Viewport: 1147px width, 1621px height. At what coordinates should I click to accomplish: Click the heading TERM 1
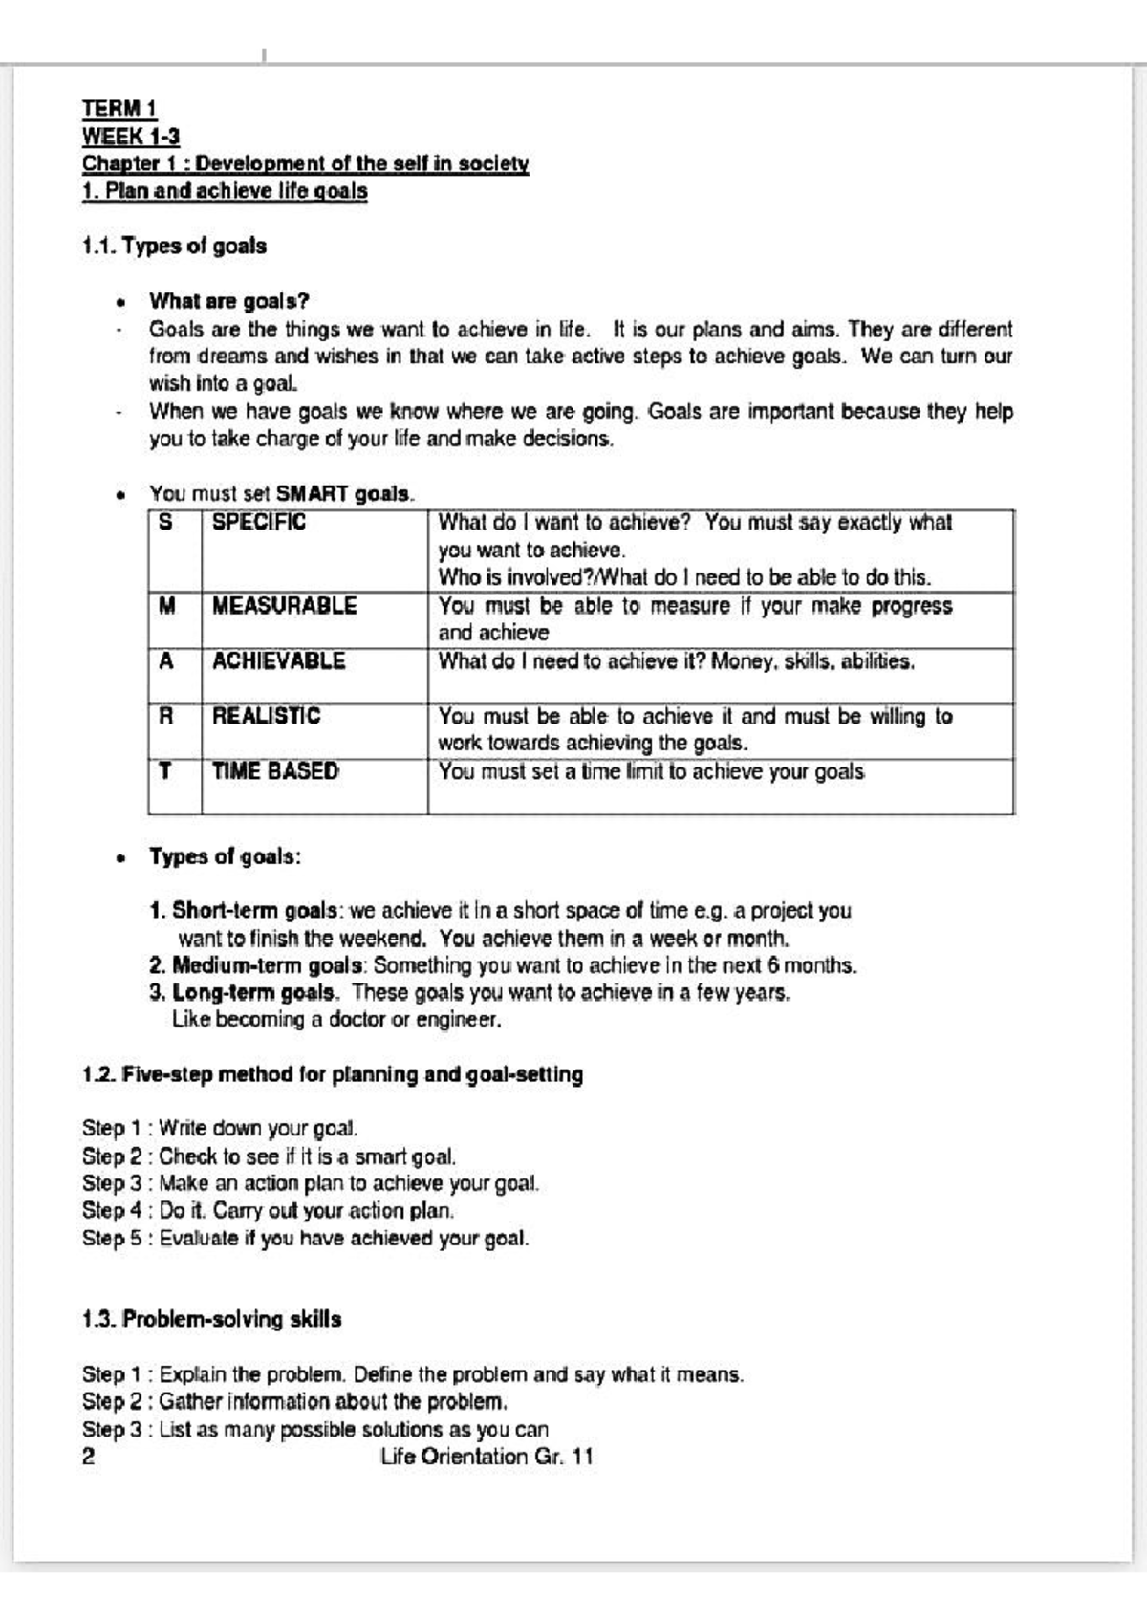click(119, 109)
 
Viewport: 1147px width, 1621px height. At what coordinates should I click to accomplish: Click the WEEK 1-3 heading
click(130, 136)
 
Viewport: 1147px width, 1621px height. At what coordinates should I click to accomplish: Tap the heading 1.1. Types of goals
click(174, 246)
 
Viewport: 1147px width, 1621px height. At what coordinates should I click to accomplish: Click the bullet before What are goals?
click(120, 303)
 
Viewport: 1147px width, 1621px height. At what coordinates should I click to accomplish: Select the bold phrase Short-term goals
click(254, 910)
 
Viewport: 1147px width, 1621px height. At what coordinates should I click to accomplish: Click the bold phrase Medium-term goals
click(268, 965)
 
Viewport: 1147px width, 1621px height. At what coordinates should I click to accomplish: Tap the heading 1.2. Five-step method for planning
click(332, 1074)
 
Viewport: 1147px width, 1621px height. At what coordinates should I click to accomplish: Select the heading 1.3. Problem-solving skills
click(211, 1320)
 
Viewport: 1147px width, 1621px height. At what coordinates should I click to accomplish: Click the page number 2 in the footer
click(89, 1457)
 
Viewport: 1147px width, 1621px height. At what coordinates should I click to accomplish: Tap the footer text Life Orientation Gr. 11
click(486, 1457)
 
